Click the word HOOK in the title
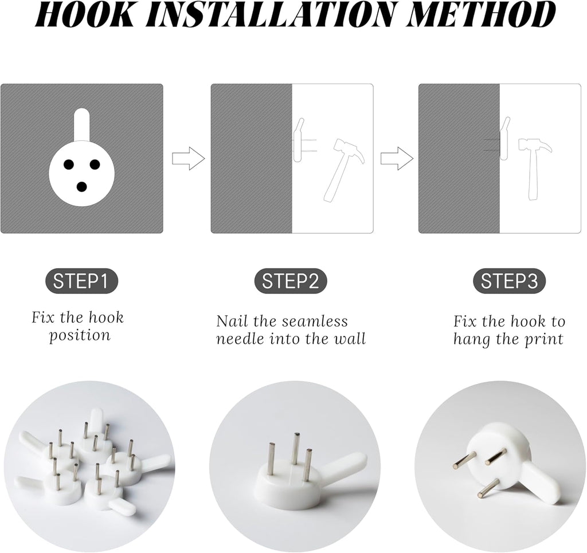[x=85, y=14]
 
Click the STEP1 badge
[x=81, y=281]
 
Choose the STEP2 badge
[x=291, y=281]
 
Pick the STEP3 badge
[x=510, y=281]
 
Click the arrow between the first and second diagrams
[x=189, y=159]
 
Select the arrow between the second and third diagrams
[x=397, y=159]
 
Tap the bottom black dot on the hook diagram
[x=81, y=186]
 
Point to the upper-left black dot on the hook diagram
[x=69, y=163]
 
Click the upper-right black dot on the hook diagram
[x=95, y=163]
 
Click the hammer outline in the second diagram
[x=342, y=170]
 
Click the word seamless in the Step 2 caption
[x=315, y=321]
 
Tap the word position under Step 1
[x=80, y=336]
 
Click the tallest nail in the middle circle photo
[x=296, y=449]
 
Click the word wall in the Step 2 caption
[x=350, y=339]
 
